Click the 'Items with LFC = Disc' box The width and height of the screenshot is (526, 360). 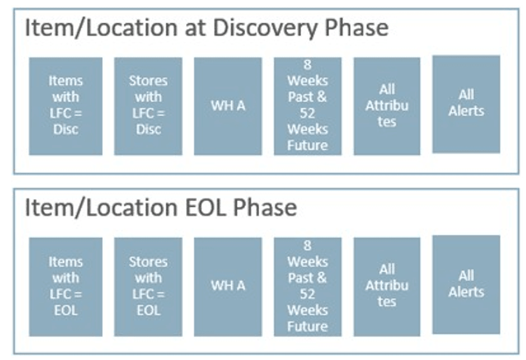(65, 106)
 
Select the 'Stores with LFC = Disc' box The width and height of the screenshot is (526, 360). (148, 106)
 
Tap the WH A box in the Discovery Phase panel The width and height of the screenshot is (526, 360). (228, 106)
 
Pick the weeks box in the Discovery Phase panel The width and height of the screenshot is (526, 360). (308, 106)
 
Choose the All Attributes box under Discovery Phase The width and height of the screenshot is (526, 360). (387, 106)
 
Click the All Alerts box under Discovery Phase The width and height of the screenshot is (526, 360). (466, 104)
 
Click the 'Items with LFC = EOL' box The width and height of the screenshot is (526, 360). (65, 286)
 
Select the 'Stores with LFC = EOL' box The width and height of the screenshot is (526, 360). (148, 286)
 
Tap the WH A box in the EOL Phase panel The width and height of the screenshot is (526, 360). (228, 286)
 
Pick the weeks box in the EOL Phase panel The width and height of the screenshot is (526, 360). (308, 286)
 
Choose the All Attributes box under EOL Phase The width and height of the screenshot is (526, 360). (387, 286)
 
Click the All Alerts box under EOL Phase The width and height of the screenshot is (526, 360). (466, 284)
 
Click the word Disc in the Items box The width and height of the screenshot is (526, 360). (65, 129)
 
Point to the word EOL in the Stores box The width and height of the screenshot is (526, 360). (148, 310)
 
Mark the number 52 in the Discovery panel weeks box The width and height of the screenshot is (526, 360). (308, 113)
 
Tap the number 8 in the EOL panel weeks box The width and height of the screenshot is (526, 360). (308, 246)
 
